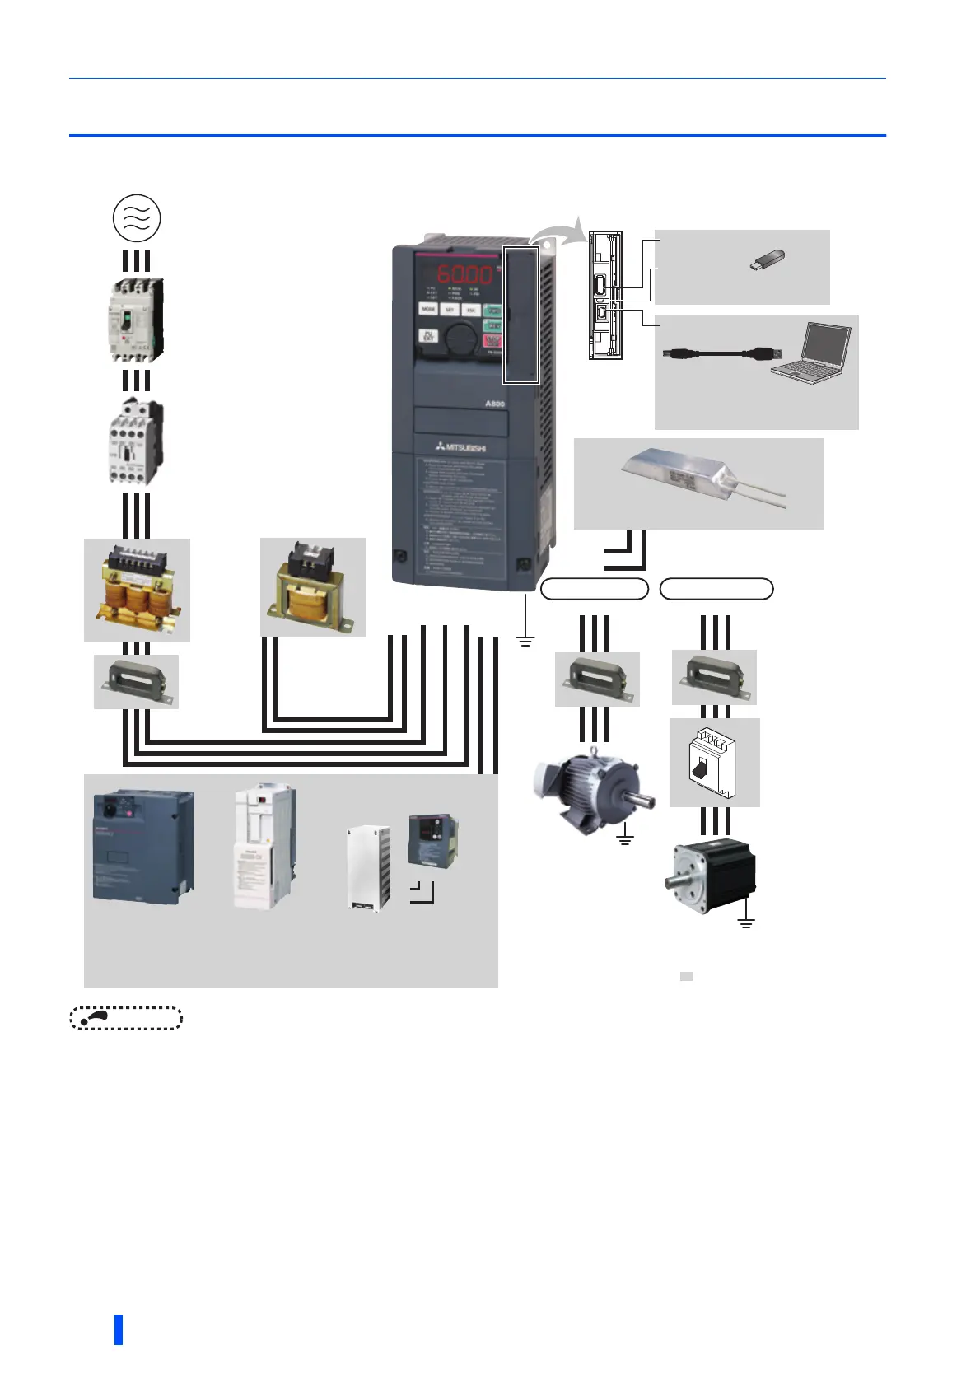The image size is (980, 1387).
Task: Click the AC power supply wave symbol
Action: pyautogui.click(x=137, y=218)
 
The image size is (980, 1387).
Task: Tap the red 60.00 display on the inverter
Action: pyautogui.click(x=464, y=274)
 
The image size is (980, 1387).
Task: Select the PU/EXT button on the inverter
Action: pyautogui.click(x=428, y=336)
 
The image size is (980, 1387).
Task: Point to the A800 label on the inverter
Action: pyautogui.click(x=494, y=404)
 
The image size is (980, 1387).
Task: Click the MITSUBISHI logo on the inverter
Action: pyautogui.click(x=461, y=447)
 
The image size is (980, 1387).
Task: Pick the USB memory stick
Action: pyautogui.click(x=767, y=260)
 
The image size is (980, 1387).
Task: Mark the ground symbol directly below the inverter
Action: pyautogui.click(x=525, y=639)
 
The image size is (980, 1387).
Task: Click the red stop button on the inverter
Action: pyautogui.click(x=492, y=341)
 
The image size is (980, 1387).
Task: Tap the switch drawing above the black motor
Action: pyautogui.click(x=713, y=763)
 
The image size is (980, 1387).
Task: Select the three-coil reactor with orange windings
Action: pyautogui.click(x=138, y=590)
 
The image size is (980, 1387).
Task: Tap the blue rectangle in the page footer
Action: pyautogui.click(x=119, y=1329)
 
